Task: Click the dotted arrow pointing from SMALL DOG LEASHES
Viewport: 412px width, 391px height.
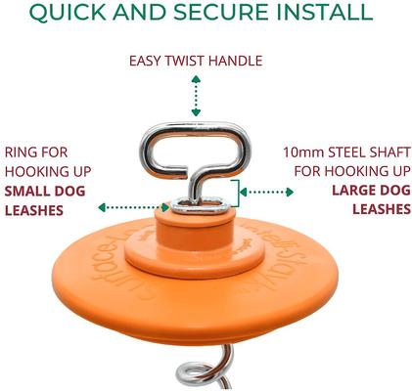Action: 132,207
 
